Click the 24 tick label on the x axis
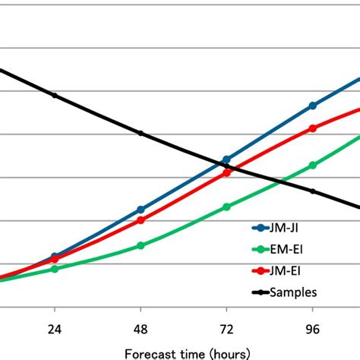click(55, 330)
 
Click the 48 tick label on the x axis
click(141, 330)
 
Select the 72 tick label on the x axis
click(226, 330)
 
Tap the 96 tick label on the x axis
click(312, 330)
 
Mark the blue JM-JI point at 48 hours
click(141, 209)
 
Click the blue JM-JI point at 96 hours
click(312, 106)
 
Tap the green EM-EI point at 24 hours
click(55, 269)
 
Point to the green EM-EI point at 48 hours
click(141, 245)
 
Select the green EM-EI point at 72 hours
click(226, 207)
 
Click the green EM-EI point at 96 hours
click(312, 165)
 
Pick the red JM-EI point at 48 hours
click(141, 220)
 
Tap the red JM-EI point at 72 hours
click(226, 172)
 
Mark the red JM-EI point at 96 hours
click(312, 128)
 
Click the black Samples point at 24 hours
click(55, 95)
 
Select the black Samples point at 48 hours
click(141, 134)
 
